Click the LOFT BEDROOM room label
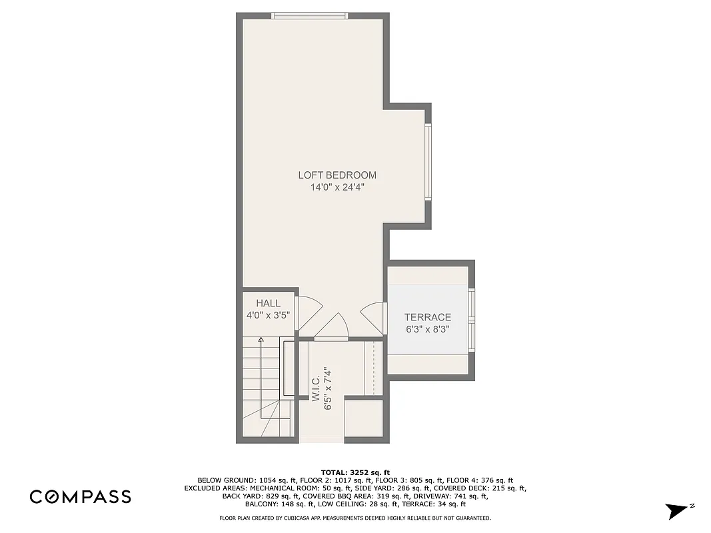coord(337,175)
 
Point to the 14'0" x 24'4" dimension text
coord(337,188)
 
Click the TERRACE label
coord(428,317)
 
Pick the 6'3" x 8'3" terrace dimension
coord(428,329)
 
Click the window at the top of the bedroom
coord(309,15)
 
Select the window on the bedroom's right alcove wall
coord(428,161)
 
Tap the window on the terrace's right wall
coord(472,320)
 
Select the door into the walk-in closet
coord(331,327)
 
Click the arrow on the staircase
coord(261,340)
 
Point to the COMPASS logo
coord(80,496)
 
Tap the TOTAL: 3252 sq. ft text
coord(355,471)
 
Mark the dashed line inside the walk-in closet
coord(374,366)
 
